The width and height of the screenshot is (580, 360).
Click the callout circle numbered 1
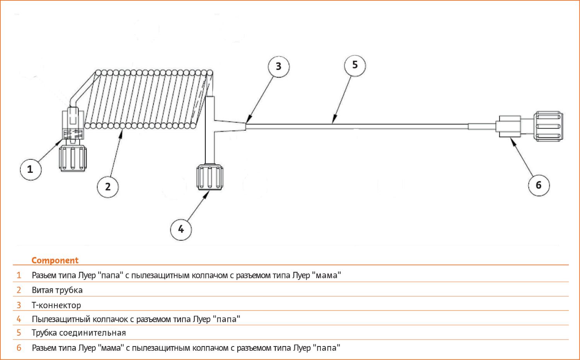pyautogui.click(x=31, y=170)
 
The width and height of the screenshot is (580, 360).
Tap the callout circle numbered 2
pyautogui.click(x=108, y=187)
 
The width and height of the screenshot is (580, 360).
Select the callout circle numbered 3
pyautogui.click(x=279, y=67)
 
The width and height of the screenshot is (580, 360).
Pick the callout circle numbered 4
pyautogui.click(x=181, y=229)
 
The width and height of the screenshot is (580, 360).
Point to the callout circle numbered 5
pyautogui.click(x=355, y=65)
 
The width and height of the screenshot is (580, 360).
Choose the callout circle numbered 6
pyautogui.click(x=539, y=185)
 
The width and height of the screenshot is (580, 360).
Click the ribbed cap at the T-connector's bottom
pyautogui.click(x=210, y=177)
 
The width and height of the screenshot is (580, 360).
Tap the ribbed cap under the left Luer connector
pyautogui.click(x=73, y=158)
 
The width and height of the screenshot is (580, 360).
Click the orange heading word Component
pyautogui.click(x=55, y=260)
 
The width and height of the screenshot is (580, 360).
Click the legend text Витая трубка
pyautogui.click(x=57, y=290)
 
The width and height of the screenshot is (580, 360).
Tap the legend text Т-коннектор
pyautogui.click(x=56, y=305)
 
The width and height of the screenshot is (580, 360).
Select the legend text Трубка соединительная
pyautogui.click(x=79, y=333)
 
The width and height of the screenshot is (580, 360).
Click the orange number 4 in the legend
pyautogui.click(x=19, y=319)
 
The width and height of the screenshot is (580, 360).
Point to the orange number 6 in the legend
pyautogui.click(x=19, y=348)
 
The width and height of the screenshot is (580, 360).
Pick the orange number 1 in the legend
pyautogui.click(x=19, y=275)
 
